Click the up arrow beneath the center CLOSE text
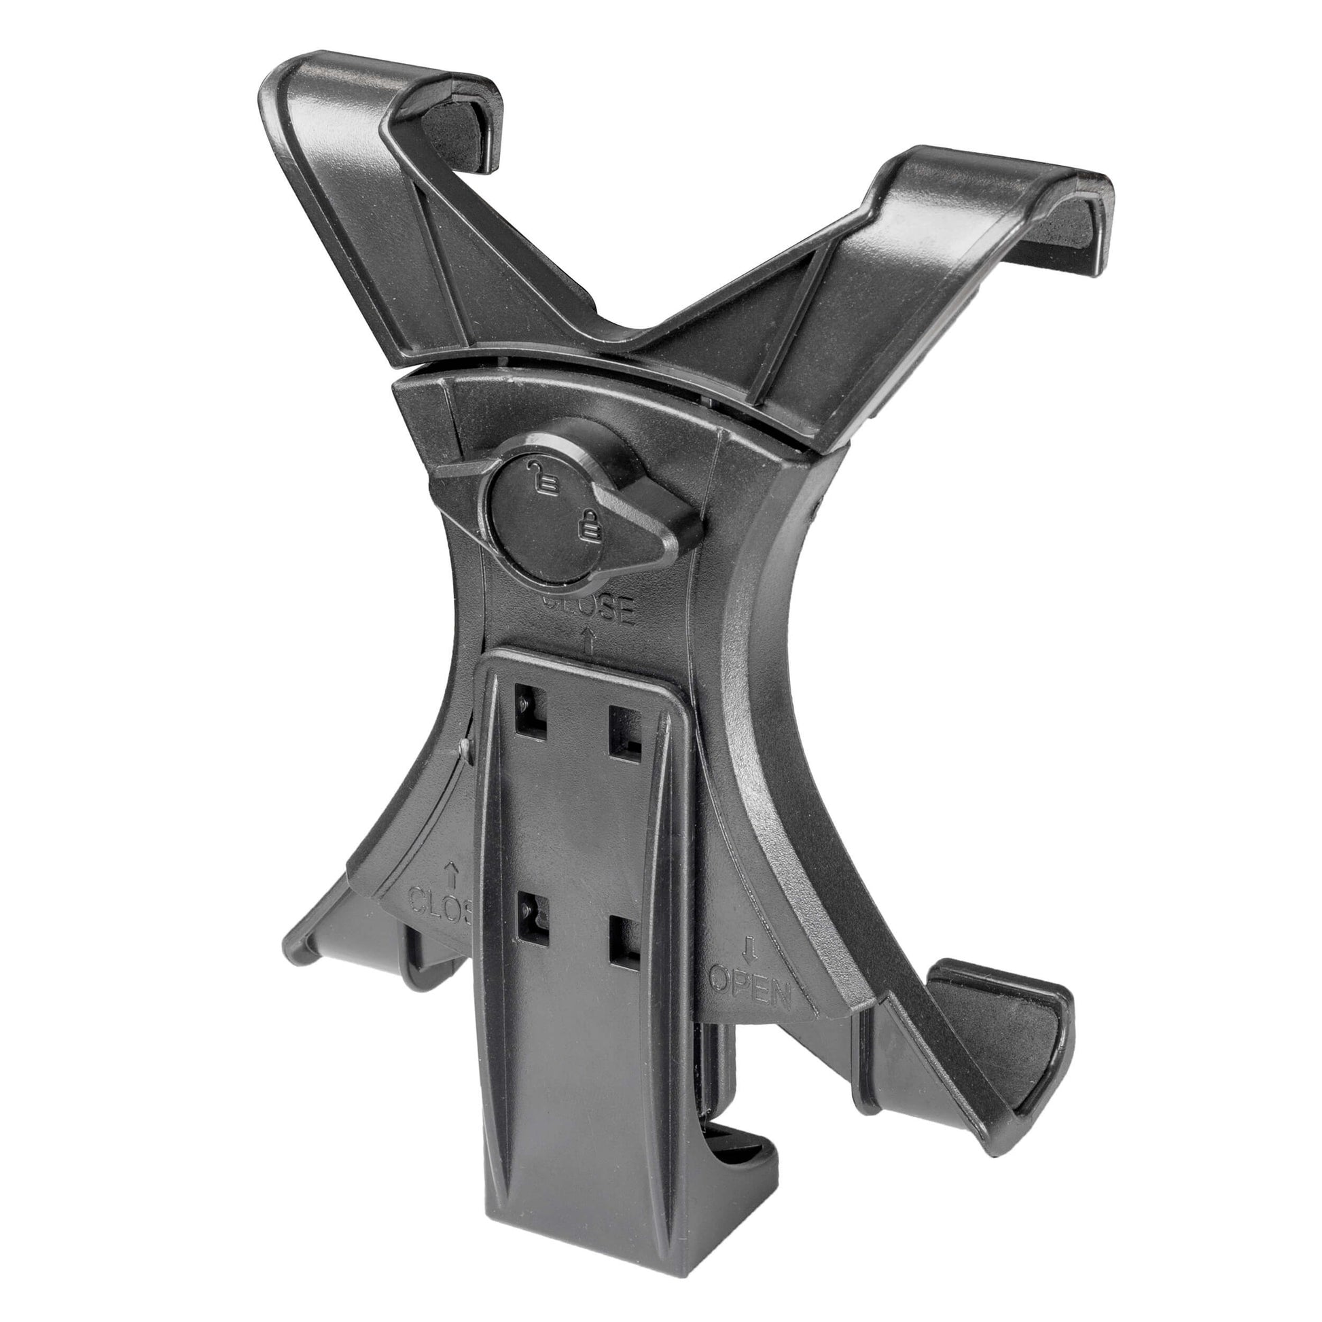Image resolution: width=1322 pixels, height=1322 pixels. [587, 640]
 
